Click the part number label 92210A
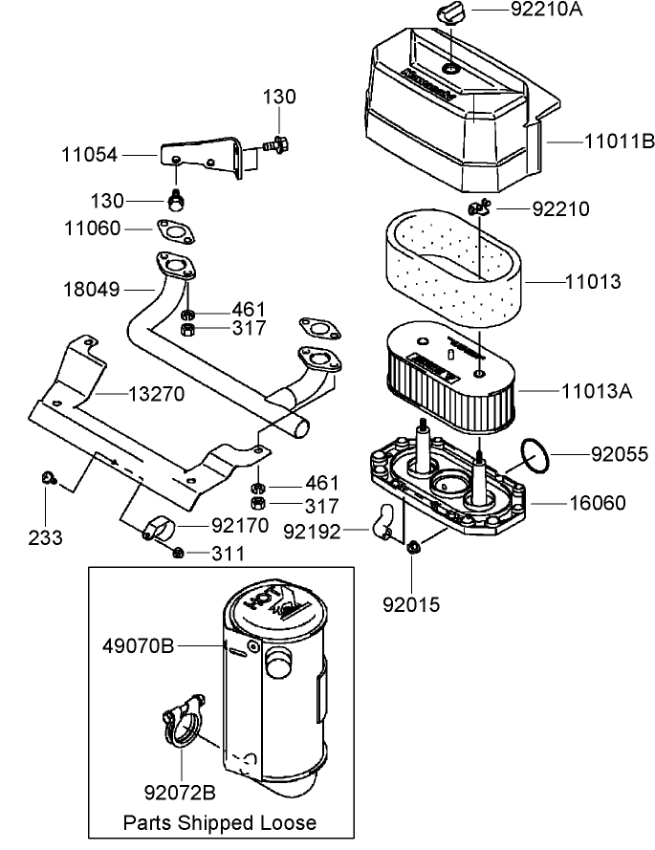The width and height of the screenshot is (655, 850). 547,11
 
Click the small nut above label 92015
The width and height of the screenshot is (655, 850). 413,547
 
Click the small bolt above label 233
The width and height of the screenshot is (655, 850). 47,476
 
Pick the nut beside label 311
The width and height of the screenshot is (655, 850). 178,552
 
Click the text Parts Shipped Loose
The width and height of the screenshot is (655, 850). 219,822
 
